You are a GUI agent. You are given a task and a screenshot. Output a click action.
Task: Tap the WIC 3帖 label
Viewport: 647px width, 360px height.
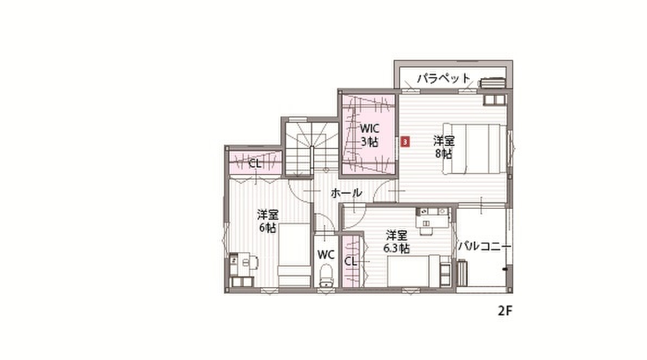pos(369,134)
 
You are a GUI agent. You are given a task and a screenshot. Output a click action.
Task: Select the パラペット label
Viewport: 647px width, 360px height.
pos(444,78)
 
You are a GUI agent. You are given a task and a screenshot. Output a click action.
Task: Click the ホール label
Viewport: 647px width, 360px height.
pos(346,193)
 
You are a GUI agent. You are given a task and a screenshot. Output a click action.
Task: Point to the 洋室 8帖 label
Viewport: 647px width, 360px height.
pos(444,147)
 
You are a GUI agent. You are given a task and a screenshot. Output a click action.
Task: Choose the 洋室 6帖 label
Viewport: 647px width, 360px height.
pos(268,221)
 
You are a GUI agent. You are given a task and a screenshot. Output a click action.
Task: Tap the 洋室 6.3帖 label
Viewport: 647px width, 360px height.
pos(396,242)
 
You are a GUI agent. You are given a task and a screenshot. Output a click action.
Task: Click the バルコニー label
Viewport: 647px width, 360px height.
pos(485,246)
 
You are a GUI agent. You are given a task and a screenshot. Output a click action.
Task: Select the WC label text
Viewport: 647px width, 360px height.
pos(326,255)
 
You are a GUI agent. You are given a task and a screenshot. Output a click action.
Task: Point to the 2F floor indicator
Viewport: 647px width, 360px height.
pos(505,311)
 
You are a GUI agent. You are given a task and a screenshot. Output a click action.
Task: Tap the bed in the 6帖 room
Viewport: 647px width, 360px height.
pos(294,255)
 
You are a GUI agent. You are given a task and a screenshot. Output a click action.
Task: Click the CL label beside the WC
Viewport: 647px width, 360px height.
pos(350,262)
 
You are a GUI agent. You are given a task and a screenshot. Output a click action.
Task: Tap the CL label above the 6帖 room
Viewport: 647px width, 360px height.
pos(255,164)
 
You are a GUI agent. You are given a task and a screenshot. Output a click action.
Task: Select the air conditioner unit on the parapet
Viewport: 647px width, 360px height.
pos(492,83)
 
